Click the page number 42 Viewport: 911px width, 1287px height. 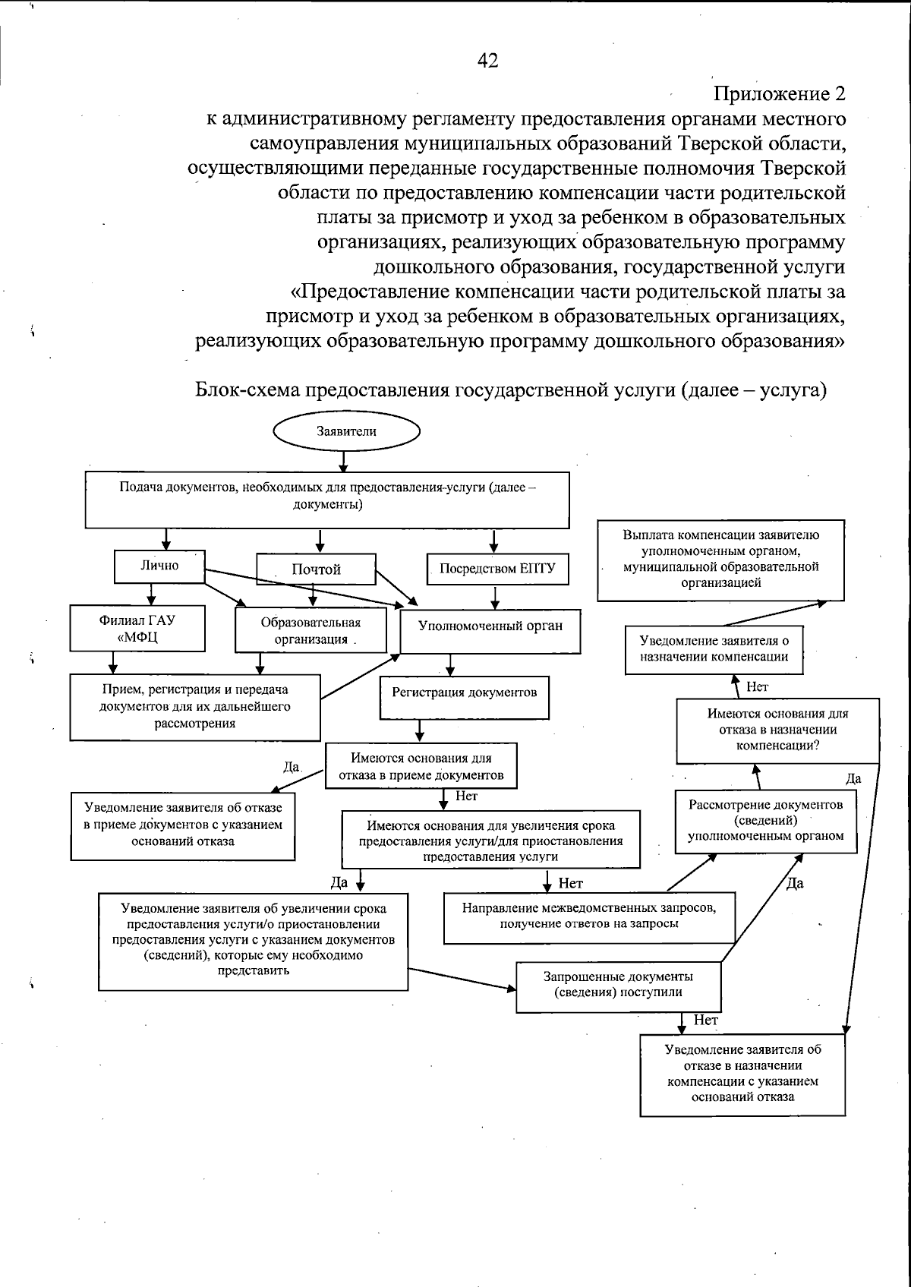(487, 61)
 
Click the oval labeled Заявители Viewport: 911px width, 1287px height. (346, 432)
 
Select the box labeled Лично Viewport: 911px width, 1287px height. (159, 566)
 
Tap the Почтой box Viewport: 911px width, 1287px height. (316, 569)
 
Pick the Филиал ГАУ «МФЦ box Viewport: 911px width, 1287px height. (137, 629)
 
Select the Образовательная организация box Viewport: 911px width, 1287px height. (310, 631)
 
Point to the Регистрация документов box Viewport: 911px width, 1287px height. (464, 694)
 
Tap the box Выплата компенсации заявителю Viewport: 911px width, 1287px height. (720, 560)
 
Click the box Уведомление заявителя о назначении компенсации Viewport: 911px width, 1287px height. (714, 650)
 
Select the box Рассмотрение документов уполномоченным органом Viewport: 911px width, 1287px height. (766, 821)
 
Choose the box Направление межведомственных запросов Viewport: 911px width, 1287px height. (589, 916)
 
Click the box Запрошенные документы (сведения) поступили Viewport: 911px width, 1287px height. (618, 986)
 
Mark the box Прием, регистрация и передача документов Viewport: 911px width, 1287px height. (195, 707)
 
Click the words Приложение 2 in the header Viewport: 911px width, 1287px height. (780, 94)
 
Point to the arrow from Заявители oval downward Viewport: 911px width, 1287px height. (344, 462)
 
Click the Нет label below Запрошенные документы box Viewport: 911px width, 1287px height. (706, 1021)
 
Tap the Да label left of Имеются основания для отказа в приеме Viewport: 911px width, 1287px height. (291, 768)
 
